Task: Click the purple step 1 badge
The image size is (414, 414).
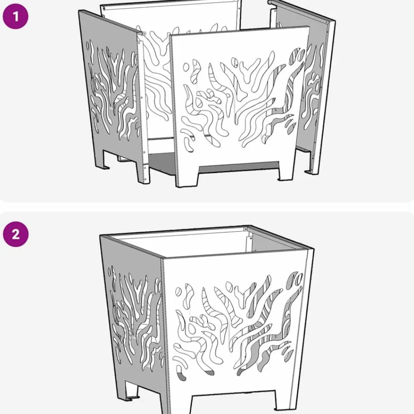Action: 15,17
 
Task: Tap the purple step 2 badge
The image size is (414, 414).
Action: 16,234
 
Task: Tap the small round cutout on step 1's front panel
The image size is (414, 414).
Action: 186,67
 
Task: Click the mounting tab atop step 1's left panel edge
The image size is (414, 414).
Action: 143,34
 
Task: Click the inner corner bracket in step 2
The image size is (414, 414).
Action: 248,244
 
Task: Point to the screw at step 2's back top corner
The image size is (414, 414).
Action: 246,228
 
